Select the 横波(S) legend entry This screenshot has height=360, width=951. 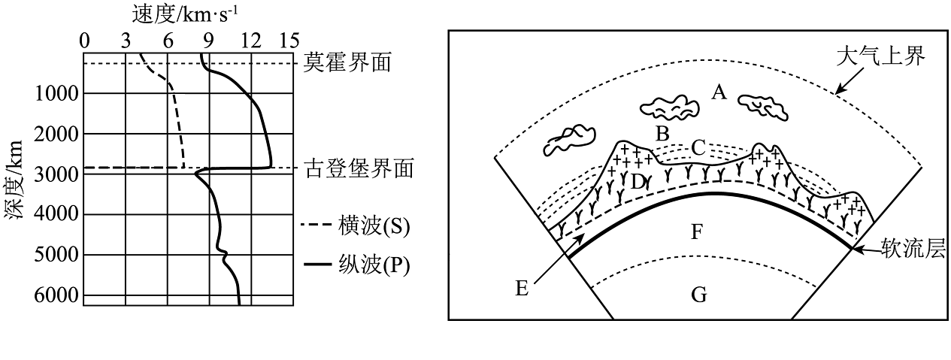coord(355,225)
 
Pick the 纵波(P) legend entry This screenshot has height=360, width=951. coord(355,266)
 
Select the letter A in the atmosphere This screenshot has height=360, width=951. coord(719,92)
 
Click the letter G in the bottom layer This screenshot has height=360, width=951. coord(699,295)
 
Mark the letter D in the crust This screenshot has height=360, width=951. coord(638,181)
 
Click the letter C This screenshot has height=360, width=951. coord(698,147)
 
